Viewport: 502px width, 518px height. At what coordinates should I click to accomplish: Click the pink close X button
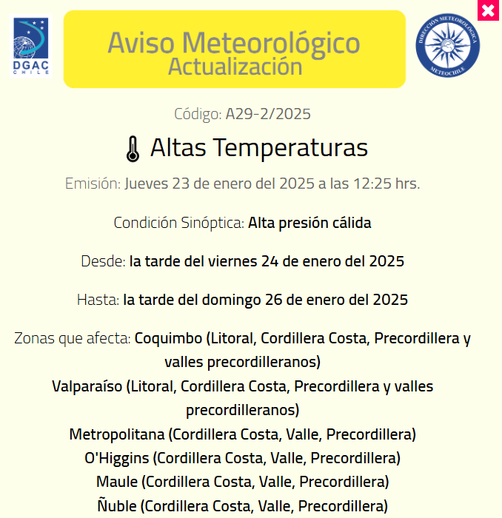(x=488, y=10)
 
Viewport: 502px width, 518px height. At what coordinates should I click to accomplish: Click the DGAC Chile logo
(x=30, y=47)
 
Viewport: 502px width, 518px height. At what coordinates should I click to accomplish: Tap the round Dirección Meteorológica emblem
(x=447, y=44)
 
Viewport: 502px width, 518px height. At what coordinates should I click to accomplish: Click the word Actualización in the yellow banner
(x=235, y=66)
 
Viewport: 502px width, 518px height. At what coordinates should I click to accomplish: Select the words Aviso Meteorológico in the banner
(x=234, y=42)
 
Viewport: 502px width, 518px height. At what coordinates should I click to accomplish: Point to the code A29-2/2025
(x=268, y=114)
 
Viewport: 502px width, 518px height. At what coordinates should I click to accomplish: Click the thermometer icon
(x=133, y=149)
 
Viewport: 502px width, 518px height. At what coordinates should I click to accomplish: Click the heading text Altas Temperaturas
(x=258, y=147)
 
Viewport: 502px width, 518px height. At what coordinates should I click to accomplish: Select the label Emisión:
(x=93, y=184)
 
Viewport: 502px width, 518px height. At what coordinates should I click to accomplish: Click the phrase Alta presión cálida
(x=309, y=223)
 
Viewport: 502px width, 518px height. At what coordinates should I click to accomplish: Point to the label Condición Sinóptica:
(x=178, y=223)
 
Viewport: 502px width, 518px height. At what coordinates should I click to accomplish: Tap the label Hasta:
(x=98, y=300)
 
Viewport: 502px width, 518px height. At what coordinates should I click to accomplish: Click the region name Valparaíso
(x=87, y=386)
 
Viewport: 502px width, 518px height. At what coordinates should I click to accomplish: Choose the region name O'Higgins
(x=117, y=457)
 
